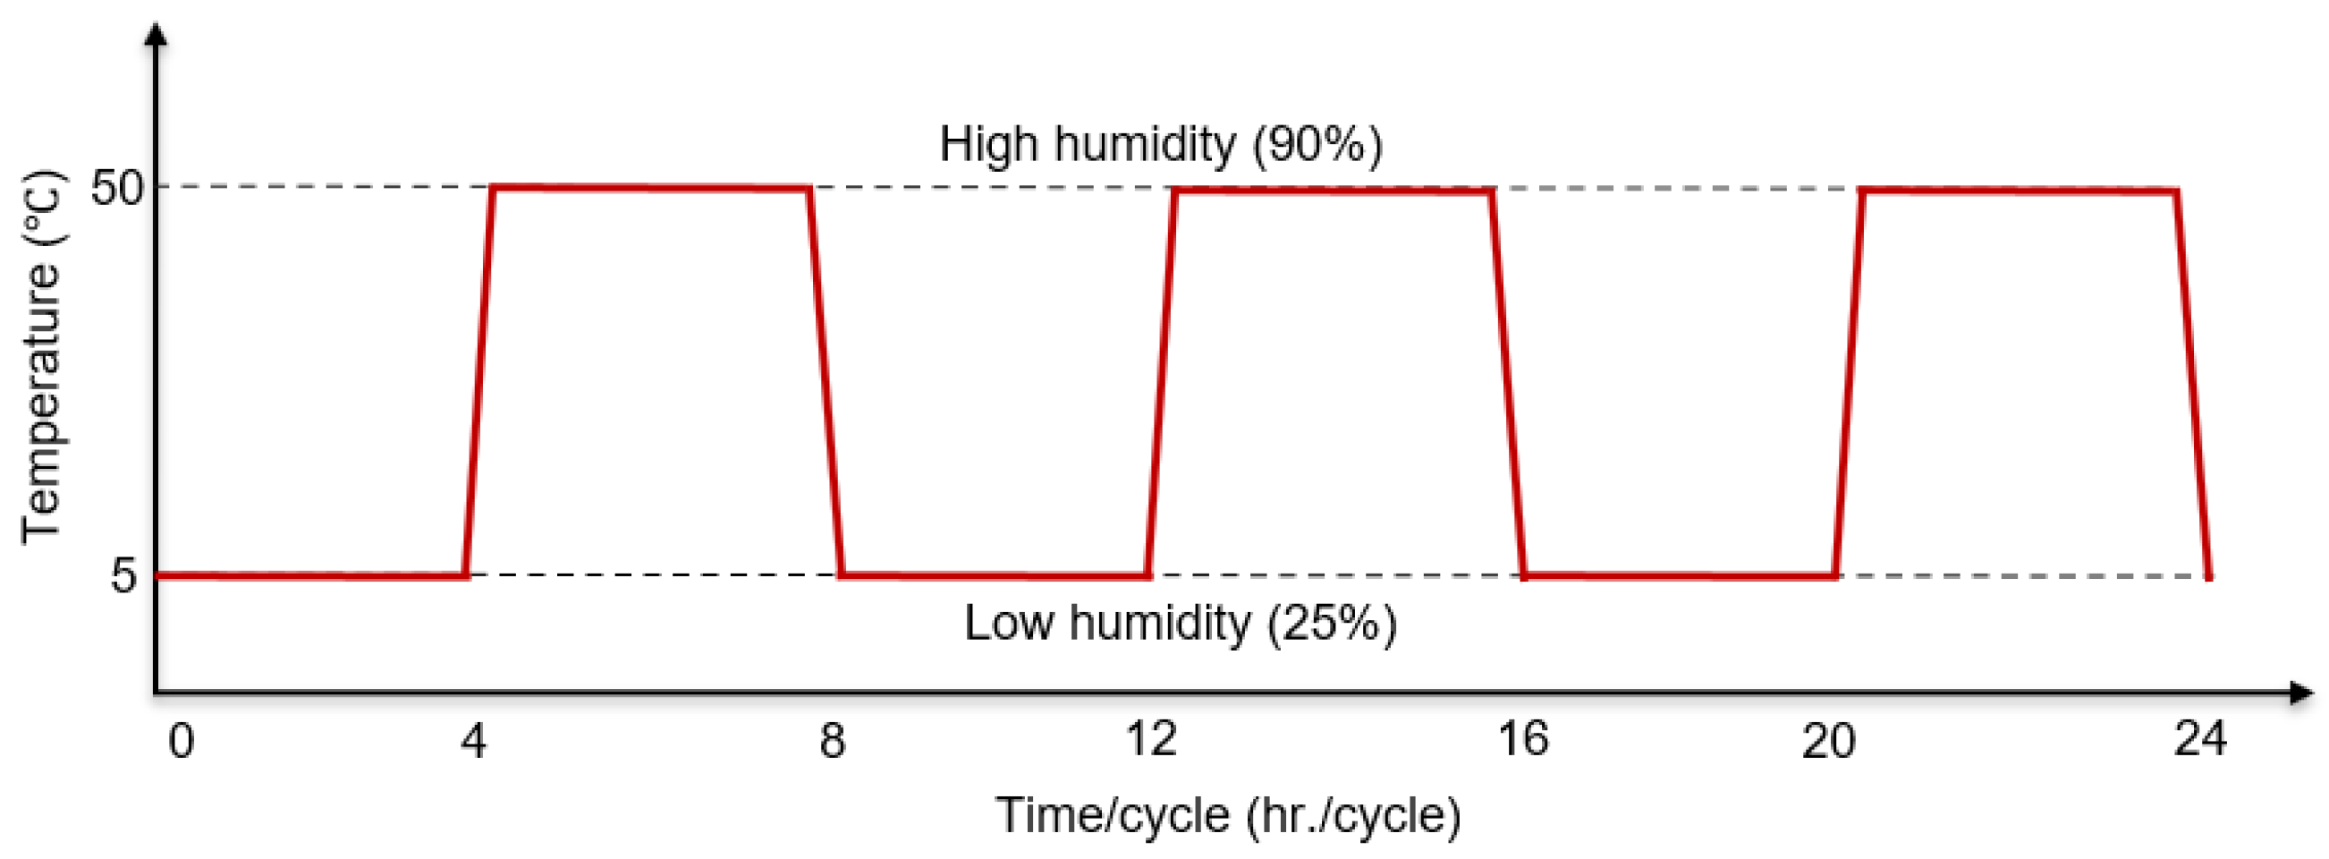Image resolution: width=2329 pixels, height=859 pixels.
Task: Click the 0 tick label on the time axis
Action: click(x=181, y=742)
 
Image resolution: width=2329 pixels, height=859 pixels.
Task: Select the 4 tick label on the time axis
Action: click(x=473, y=742)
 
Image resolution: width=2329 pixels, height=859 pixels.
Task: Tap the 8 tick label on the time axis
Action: click(x=832, y=742)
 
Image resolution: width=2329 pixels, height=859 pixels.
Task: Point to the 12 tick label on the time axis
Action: click(x=1151, y=739)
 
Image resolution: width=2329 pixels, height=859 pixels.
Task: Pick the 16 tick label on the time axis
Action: click(x=1522, y=739)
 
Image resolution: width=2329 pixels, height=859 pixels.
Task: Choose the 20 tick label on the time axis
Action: click(x=1828, y=742)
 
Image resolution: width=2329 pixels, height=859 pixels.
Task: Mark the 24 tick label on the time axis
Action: click(x=2199, y=739)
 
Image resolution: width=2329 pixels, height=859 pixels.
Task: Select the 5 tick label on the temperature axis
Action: click(x=123, y=575)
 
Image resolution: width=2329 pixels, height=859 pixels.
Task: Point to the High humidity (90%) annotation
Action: click(x=1161, y=145)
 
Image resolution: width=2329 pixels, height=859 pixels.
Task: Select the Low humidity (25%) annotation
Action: click(x=1180, y=623)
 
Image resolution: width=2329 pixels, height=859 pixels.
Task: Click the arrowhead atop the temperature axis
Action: click(x=157, y=34)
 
